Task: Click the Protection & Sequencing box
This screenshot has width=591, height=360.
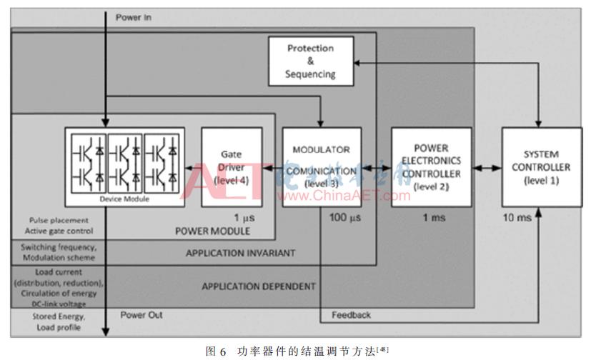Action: coord(310,61)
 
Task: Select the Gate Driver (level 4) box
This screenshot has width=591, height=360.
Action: coord(231,167)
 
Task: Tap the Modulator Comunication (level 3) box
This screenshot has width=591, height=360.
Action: coord(321,167)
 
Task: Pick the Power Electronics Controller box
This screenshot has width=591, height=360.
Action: coord(431,167)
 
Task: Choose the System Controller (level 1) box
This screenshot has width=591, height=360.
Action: coord(537,167)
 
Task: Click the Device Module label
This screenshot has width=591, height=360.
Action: coord(124,199)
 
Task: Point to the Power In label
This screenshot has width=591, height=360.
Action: coord(134,16)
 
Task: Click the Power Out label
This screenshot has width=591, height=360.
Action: coord(142,315)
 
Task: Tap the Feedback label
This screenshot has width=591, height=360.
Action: coord(351,315)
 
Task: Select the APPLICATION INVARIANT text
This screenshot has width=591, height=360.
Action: coord(240,253)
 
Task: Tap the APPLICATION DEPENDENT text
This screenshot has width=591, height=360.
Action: coord(258,286)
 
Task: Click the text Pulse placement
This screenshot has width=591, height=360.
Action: coord(59,221)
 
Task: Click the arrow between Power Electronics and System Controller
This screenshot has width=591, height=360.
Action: coord(487,167)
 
